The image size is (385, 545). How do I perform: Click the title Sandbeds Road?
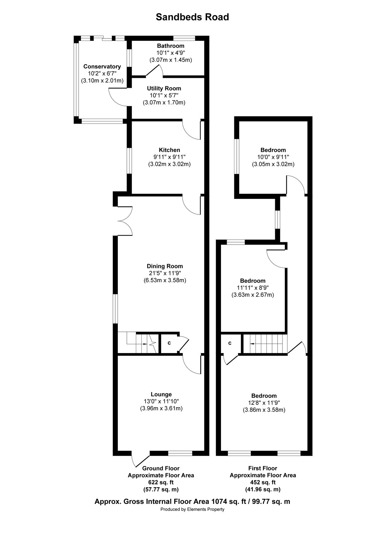pos(192,17)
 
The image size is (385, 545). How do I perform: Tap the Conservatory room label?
pos(102,67)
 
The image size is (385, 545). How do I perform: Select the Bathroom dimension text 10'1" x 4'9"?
pos(170,53)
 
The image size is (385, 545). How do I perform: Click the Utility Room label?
pos(164,88)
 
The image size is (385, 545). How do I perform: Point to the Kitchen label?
pos(169,150)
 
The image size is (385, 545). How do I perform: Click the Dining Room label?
pos(165,266)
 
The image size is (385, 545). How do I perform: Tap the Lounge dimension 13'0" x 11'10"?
pos(161,401)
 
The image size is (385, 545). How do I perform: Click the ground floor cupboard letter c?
pos(169,343)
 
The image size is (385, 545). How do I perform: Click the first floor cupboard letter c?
pos(230,343)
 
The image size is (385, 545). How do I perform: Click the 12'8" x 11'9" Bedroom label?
pos(264,396)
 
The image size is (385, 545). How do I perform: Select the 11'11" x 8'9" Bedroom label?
pos(252,281)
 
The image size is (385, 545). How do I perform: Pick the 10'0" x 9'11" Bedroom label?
pos(273,150)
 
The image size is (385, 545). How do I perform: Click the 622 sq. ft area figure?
pos(161,482)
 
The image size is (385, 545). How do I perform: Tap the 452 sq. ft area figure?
pos(263,482)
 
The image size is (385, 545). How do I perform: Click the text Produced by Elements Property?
pos(192,509)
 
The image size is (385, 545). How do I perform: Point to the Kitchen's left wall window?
pos(129,161)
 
